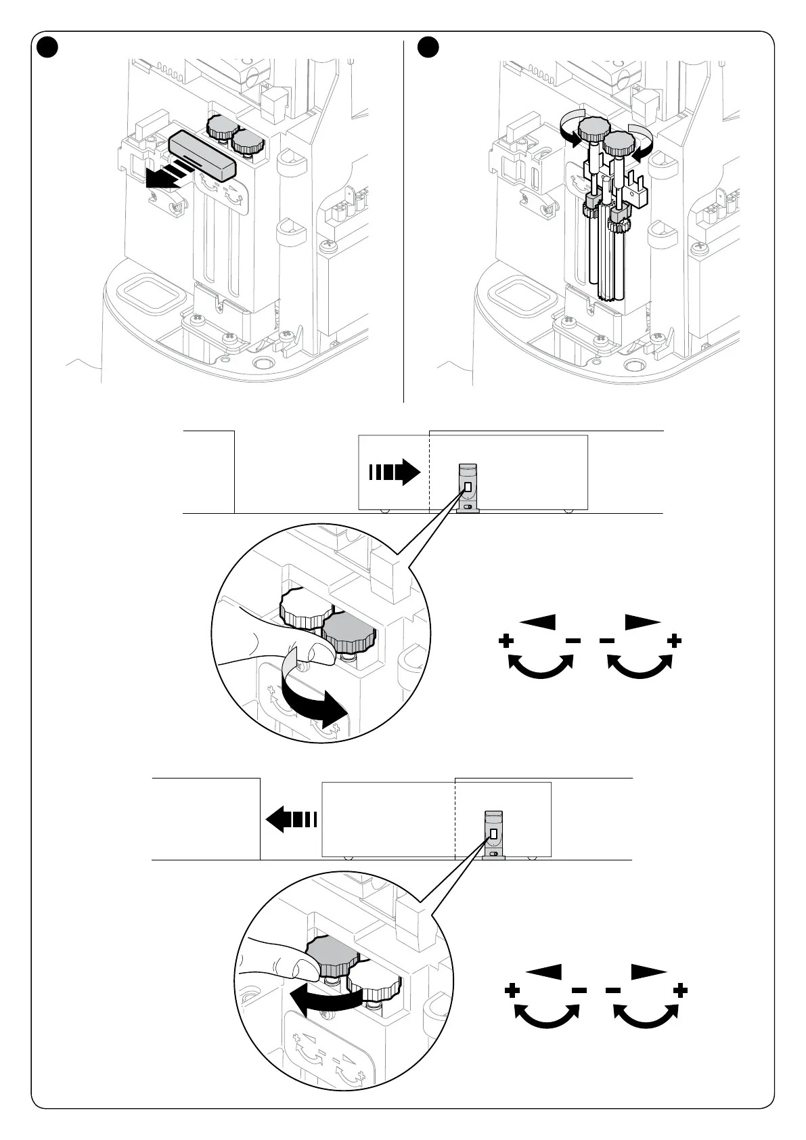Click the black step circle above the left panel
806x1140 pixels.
pyautogui.click(x=47, y=47)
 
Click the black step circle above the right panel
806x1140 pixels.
pyautogui.click(x=428, y=47)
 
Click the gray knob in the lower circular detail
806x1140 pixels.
pyautogui.click(x=332, y=956)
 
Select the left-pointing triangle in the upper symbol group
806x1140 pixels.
pyautogui.click(x=539, y=621)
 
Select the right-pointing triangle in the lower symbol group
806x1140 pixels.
pyautogui.click(x=648, y=972)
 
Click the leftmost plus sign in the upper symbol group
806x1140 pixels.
pyautogui.click(x=506, y=640)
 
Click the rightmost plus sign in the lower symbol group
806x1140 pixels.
pyautogui.click(x=681, y=991)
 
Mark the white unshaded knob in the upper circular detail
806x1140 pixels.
pyautogui.click(x=303, y=607)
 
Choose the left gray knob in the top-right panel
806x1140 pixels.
pyautogui.click(x=594, y=127)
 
